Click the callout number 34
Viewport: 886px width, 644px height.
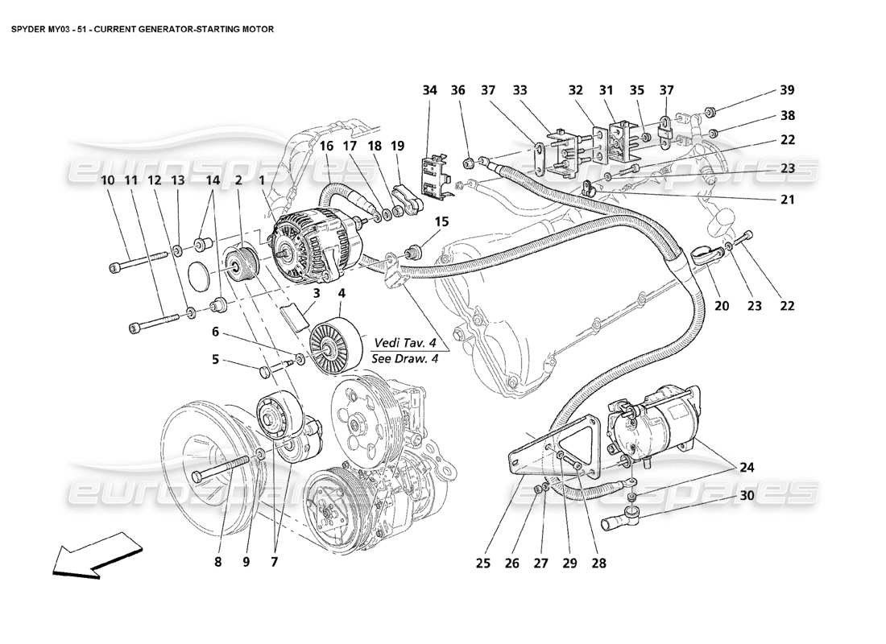point(429,91)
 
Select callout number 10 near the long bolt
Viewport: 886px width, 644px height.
point(107,181)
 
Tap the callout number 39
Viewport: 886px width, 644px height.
point(787,91)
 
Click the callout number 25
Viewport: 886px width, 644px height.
point(482,563)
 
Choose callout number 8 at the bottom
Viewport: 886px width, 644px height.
point(217,563)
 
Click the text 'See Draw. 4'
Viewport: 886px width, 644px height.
point(405,359)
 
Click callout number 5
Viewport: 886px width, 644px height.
point(216,360)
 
